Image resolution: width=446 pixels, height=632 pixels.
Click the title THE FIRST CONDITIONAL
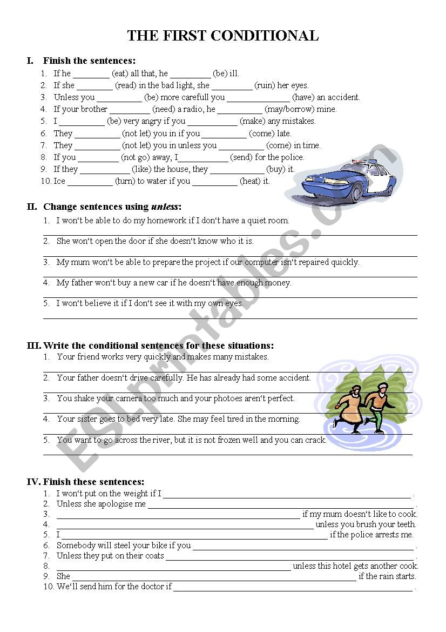222,36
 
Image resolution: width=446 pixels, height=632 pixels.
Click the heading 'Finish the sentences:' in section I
89,61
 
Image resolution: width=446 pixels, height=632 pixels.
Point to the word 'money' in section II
278,283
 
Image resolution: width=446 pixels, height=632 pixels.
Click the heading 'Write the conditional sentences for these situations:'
158,345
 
